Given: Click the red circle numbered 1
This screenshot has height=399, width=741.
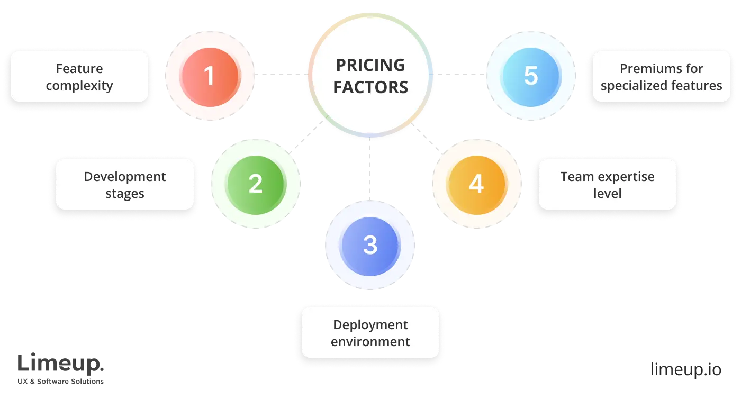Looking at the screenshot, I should tap(210, 75).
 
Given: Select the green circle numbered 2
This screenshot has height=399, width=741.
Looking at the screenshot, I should tap(256, 184).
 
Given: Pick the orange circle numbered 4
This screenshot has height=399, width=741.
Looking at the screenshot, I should tap(476, 184).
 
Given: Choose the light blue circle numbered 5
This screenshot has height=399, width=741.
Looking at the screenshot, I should tap(530, 75).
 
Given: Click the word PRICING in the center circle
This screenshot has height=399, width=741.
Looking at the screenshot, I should tap(370, 65).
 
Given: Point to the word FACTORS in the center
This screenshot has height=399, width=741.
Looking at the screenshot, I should tap(370, 87).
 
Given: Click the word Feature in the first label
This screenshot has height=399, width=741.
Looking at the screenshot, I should tap(79, 69).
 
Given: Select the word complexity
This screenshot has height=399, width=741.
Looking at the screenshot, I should tap(79, 86).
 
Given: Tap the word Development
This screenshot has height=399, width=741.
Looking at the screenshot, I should tap(125, 177).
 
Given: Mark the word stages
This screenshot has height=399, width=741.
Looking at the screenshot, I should tap(125, 194).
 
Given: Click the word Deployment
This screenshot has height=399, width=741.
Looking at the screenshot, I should tap(370, 325).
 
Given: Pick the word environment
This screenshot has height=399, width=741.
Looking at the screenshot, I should tap(370, 342).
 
